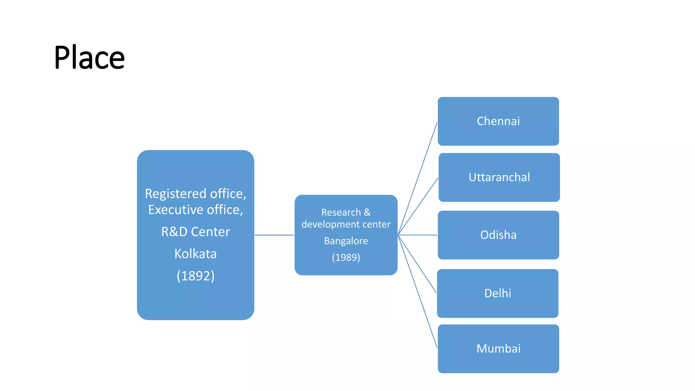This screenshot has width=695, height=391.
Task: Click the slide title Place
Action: point(89,57)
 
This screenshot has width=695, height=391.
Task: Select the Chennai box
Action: point(498,121)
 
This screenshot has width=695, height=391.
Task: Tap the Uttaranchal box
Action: point(499,177)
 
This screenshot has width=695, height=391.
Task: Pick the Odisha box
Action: point(498,235)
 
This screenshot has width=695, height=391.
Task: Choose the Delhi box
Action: point(497,293)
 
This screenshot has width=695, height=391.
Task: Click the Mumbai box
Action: point(498,349)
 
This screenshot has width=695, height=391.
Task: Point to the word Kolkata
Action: point(195,254)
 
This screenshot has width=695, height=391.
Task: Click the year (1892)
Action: point(195,276)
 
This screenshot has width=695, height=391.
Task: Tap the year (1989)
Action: point(346,257)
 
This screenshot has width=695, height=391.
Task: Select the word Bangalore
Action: point(346,241)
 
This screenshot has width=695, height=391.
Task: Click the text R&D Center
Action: point(195,232)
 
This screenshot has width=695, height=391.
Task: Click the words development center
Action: point(346,224)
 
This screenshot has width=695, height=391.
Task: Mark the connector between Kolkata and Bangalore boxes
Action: point(274,235)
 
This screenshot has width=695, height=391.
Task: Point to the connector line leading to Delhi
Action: point(417,264)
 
